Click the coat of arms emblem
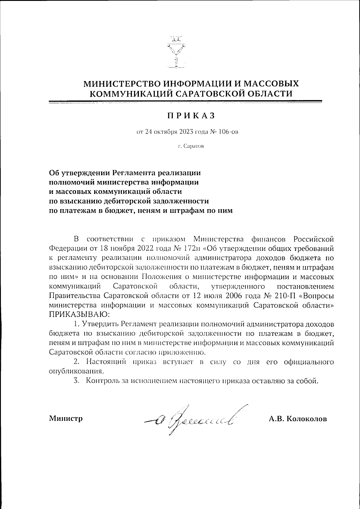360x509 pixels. [x=176, y=53]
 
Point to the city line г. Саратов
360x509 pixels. [x=191, y=146]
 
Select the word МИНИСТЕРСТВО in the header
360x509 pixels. [x=121, y=83]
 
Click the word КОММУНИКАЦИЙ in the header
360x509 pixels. [x=131, y=94]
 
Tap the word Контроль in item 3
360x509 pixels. [x=101, y=381]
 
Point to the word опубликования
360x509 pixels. [x=76, y=371]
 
